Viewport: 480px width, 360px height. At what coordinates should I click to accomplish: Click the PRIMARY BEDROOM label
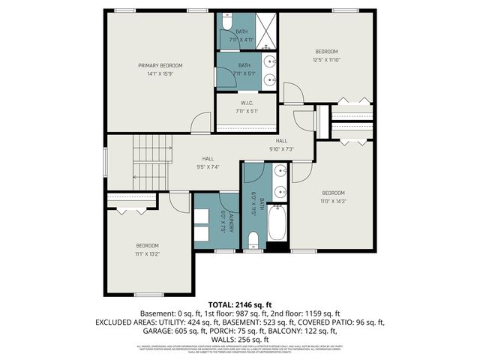pyautogui.click(x=160, y=66)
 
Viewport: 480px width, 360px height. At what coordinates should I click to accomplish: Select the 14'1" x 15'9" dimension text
pyautogui.click(x=160, y=74)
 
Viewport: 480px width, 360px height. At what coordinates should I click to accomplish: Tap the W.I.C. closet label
pyautogui.click(x=246, y=103)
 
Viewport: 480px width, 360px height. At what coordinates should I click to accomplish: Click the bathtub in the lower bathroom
pyautogui.click(x=277, y=223)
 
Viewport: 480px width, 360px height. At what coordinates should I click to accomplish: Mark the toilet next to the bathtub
pyautogui.click(x=253, y=239)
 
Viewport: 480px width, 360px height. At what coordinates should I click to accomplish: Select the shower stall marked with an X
pyautogui.click(x=267, y=31)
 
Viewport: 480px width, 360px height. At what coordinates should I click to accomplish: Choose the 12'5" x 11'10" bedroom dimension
pyautogui.click(x=326, y=59)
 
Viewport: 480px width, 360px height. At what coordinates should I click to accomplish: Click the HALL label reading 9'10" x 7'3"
pyautogui.click(x=281, y=148)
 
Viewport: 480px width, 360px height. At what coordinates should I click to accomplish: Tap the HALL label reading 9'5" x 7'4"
pyautogui.click(x=208, y=166)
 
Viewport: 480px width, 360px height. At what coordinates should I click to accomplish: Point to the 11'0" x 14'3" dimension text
pyautogui.click(x=334, y=200)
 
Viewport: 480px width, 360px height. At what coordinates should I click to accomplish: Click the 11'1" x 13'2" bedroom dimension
pyautogui.click(x=147, y=253)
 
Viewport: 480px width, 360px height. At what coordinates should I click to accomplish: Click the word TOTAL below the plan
pyautogui.click(x=211, y=304)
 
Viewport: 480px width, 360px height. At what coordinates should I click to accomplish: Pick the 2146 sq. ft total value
pyautogui.click(x=253, y=304)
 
